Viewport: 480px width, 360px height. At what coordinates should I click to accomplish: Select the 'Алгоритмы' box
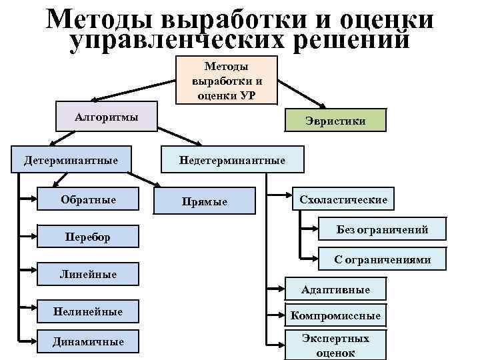click(x=107, y=117)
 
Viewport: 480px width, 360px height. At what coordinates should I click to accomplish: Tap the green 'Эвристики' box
click(x=335, y=121)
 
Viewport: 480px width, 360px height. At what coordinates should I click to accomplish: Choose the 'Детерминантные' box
click(x=71, y=161)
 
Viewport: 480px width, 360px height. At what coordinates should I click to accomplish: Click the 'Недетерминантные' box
click(x=231, y=161)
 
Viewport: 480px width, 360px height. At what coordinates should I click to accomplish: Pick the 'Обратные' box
click(x=88, y=199)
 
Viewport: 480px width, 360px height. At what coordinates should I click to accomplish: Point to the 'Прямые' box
click(x=205, y=201)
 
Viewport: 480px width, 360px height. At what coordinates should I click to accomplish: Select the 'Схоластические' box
click(x=343, y=199)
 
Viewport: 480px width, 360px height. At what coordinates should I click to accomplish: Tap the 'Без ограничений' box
click(x=382, y=230)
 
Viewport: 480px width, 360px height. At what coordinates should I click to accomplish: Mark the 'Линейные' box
click(x=88, y=274)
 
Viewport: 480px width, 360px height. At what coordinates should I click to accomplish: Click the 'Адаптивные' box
click(x=335, y=289)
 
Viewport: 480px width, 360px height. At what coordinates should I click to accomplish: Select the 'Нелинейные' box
click(x=88, y=311)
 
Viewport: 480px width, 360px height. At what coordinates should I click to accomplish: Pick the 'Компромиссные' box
click(x=336, y=315)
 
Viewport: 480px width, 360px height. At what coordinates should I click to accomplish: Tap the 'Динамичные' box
click(x=88, y=341)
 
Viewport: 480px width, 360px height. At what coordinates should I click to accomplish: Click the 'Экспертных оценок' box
click(x=336, y=345)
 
